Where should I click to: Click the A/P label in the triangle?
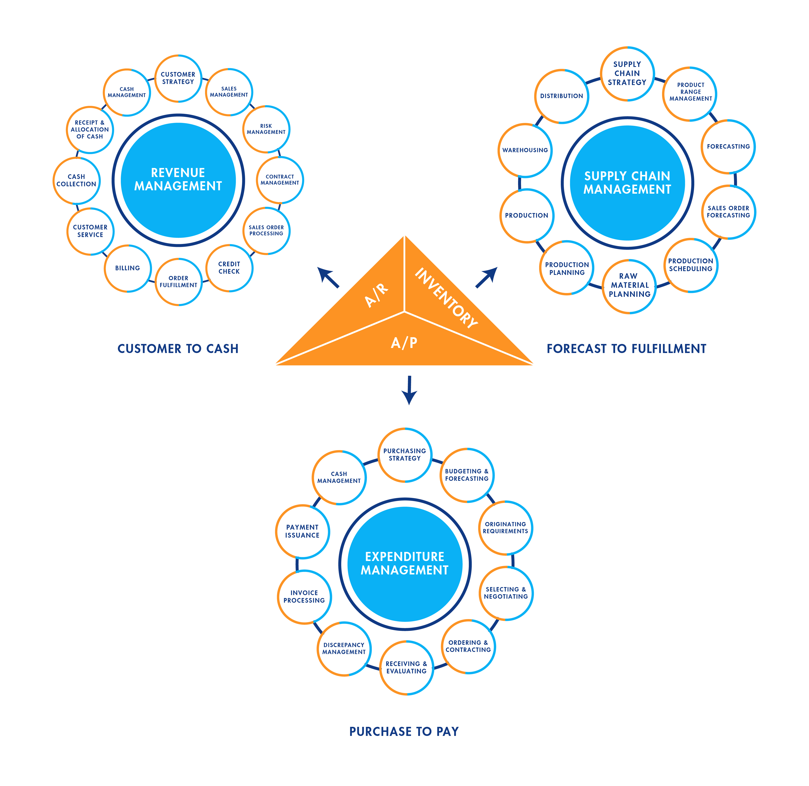tap(404, 343)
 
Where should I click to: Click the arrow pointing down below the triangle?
tap(409, 390)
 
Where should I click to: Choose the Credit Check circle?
tap(229, 268)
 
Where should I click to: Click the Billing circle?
tap(128, 268)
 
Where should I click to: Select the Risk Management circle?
tap(266, 129)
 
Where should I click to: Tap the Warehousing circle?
tap(525, 150)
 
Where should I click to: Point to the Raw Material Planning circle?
tap(629, 285)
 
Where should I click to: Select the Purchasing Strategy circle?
tap(405, 454)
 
